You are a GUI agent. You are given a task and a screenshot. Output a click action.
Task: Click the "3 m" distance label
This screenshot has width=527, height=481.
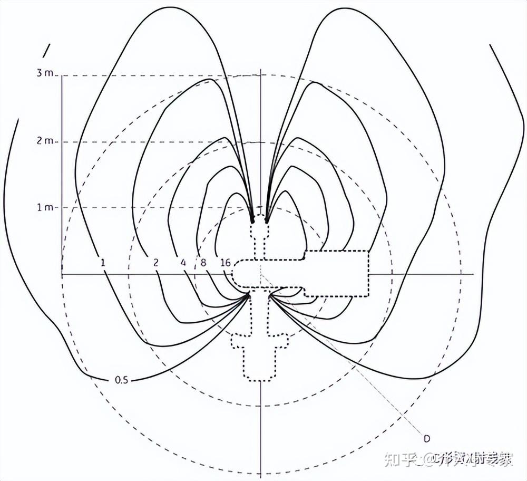click(45, 73)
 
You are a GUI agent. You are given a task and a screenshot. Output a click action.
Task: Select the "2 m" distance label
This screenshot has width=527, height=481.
click(45, 141)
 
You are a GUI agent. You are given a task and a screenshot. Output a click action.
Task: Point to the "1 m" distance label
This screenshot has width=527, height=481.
click(45, 207)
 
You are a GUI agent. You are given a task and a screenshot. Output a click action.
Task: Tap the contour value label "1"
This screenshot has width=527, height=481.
click(103, 262)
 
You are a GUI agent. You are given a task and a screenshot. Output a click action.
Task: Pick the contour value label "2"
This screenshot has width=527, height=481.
click(156, 262)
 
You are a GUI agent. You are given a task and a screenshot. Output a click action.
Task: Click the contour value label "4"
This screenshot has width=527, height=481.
click(183, 262)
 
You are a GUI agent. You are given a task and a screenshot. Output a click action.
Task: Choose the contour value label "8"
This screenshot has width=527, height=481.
click(203, 262)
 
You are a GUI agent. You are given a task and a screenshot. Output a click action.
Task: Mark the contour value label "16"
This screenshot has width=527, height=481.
click(226, 262)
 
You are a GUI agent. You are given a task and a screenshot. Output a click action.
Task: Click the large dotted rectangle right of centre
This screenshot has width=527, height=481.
click(336, 273)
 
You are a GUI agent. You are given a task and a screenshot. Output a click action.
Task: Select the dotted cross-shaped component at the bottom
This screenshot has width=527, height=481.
click(260, 353)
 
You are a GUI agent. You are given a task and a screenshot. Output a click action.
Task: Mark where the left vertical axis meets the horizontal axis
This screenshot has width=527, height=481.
click(62, 274)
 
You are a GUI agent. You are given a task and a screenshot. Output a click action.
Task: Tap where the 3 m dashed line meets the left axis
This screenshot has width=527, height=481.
click(62, 75)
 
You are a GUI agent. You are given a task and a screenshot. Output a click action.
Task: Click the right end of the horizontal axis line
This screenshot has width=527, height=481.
click(473, 274)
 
